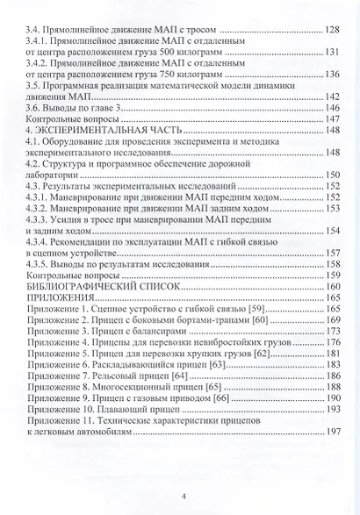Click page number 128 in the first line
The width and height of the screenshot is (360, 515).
[x=333, y=30]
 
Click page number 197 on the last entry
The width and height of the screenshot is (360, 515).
[x=333, y=456]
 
